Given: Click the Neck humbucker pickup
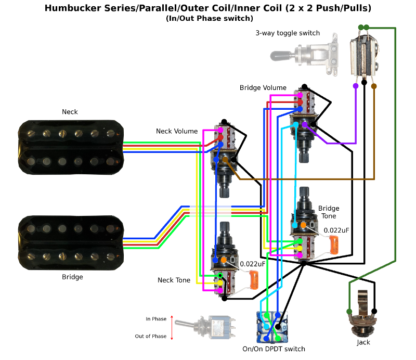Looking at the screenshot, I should coord(71,145).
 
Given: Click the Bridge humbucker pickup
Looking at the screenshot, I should coord(71,241).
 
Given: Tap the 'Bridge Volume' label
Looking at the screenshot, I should coord(263,88).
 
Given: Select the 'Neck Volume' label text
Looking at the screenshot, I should coord(177,131).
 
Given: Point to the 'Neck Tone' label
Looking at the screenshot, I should coord(174,280).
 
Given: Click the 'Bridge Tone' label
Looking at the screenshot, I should coord(328,212).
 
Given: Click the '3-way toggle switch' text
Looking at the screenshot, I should coord(288,33).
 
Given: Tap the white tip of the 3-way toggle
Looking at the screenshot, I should coord(279,54).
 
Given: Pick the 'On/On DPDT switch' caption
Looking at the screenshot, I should coord(274,349).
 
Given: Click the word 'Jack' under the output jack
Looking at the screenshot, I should coord(363,343).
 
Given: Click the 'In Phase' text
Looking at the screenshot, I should coord(156,319).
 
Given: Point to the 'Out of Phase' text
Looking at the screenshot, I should coord(151,336).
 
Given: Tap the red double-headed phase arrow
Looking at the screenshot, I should coord(172,327).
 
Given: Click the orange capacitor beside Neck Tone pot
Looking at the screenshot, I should coord(254,280).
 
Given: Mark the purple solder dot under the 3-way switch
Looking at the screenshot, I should coord(355,85).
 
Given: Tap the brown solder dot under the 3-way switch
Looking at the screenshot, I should coord(374,85).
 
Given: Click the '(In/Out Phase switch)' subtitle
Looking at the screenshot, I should coord(210,18).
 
